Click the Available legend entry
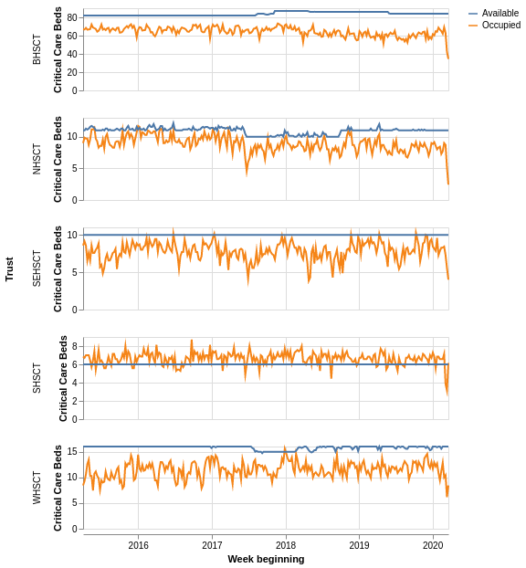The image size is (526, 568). (500, 13)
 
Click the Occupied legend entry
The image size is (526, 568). (500, 25)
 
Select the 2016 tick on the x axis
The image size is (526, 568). (139, 545)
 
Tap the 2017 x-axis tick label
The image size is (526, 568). (212, 545)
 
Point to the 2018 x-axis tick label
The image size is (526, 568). (286, 545)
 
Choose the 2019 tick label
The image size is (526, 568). (360, 545)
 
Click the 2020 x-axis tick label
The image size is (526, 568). (433, 545)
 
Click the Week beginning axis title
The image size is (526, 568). (266, 559)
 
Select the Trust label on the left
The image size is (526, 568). (9, 268)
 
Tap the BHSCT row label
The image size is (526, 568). (37, 49)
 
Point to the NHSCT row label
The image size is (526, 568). (37, 159)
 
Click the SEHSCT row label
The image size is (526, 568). (37, 268)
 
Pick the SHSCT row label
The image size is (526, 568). (37, 378)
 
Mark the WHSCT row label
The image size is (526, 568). (37, 488)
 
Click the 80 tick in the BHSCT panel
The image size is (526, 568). (72, 17)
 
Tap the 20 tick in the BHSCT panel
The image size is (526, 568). (72, 72)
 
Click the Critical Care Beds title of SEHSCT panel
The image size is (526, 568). (58, 268)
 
